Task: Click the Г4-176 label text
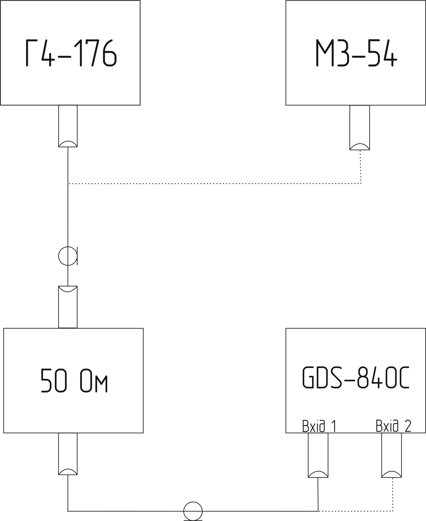tap(71, 53)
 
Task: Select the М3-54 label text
tap(356, 53)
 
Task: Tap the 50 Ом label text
tap(74, 380)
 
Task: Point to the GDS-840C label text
tap(355, 378)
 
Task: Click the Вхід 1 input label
tap(319, 426)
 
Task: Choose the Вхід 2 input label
tap(393, 426)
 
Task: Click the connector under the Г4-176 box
tap(68, 126)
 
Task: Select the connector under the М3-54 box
tap(359, 127)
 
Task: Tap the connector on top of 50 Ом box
tap(68, 307)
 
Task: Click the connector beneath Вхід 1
tap(318, 455)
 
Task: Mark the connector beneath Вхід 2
tap(391, 455)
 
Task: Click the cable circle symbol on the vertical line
tap(68, 256)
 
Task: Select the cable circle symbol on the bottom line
tap(193, 511)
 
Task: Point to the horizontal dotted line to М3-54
tap(214, 184)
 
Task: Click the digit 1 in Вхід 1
tap(334, 426)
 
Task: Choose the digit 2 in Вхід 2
tap(408, 426)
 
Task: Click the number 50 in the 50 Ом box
tap(53, 380)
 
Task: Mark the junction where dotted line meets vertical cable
tap(68, 184)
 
